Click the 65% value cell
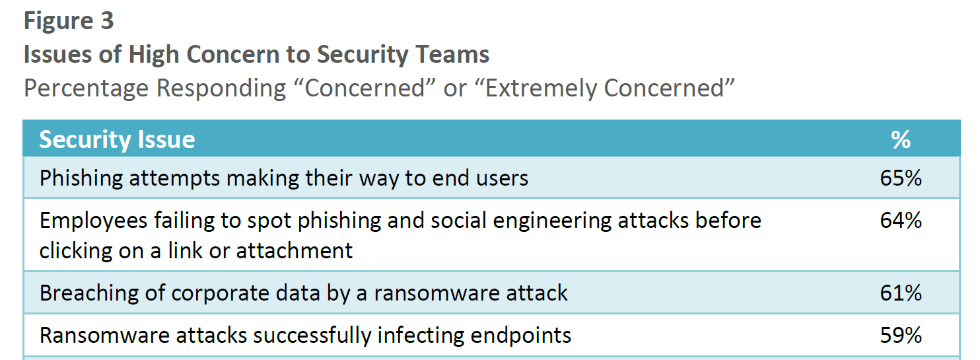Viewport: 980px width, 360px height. tap(901, 178)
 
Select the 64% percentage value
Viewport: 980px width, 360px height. tap(901, 221)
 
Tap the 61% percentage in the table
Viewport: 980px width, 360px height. tap(901, 293)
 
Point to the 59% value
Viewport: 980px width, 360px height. tap(901, 336)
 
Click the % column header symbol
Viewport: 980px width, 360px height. tap(901, 140)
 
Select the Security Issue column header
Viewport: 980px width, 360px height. tap(118, 140)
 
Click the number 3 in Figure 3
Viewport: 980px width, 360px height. tap(107, 20)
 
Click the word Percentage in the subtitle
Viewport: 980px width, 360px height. tap(87, 89)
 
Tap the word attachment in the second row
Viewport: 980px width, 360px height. tap(295, 251)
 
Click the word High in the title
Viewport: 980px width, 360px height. tap(154, 55)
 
